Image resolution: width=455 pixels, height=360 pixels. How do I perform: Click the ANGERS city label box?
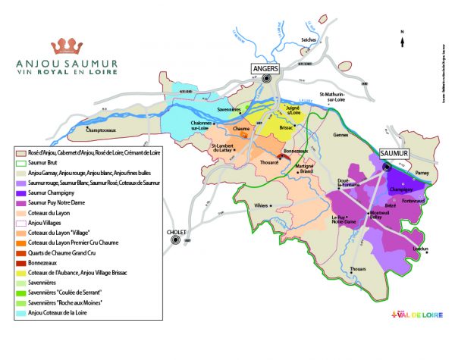265,69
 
